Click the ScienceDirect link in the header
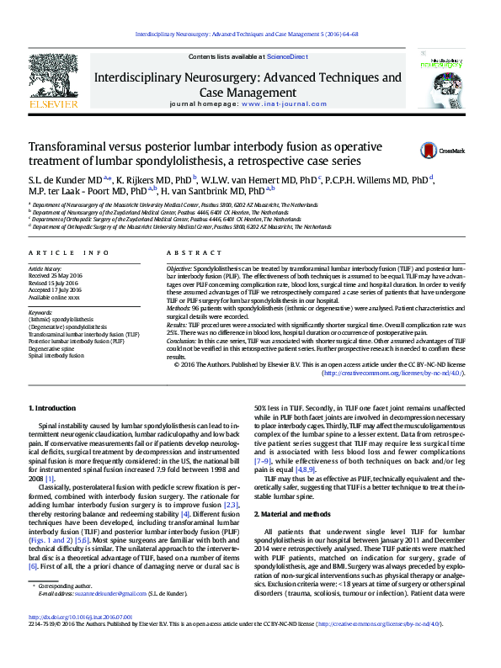[x=287, y=56]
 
